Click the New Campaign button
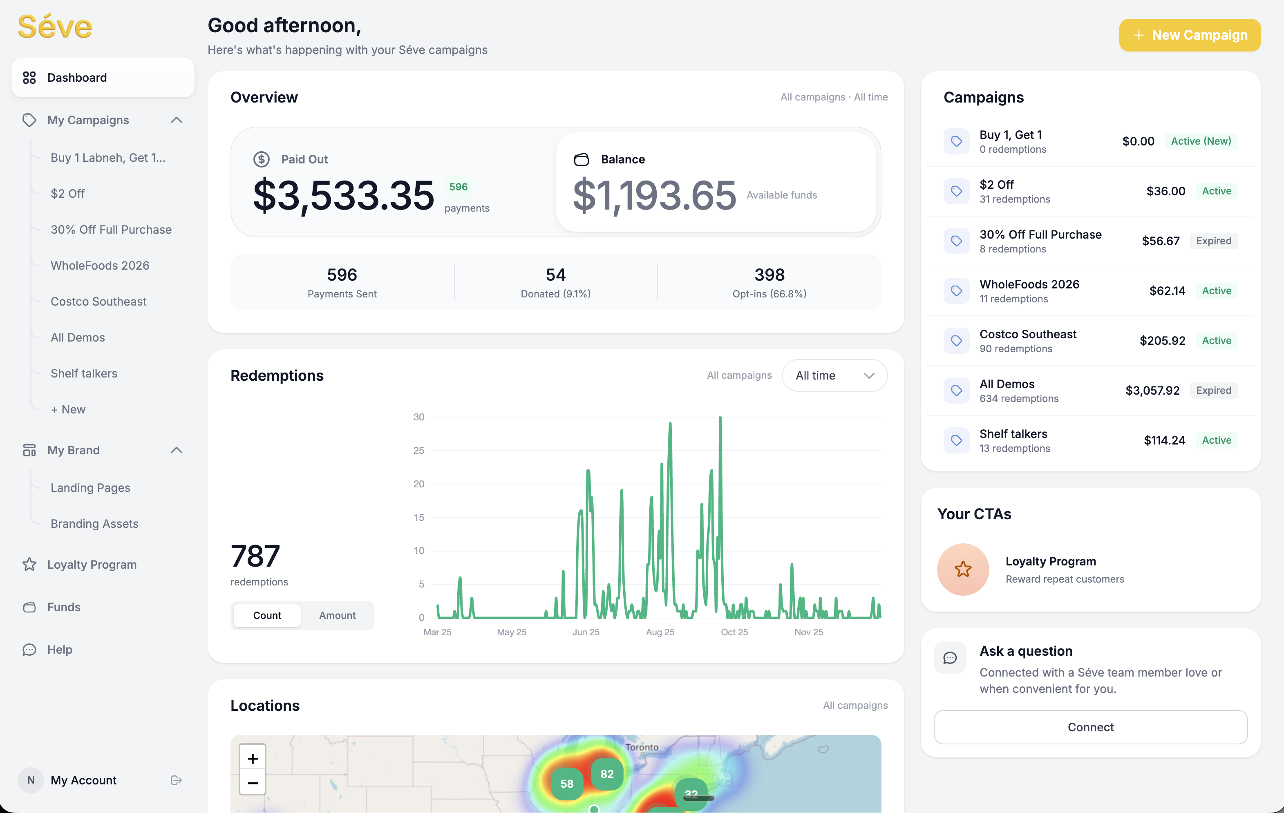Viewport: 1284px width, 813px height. (1190, 35)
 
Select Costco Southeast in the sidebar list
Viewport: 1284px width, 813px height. (98, 302)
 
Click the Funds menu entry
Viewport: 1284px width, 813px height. (63, 607)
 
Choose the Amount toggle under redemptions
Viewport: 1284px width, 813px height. (337, 615)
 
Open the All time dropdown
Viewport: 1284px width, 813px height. (834, 375)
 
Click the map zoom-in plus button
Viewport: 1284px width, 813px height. (253, 758)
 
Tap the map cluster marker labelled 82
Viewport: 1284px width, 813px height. (607, 774)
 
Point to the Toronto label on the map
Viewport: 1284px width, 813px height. (642, 747)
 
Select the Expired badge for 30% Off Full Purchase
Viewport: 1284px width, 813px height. (1213, 241)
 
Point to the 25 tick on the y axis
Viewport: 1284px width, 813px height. (419, 451)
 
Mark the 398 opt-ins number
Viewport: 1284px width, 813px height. (769, 275)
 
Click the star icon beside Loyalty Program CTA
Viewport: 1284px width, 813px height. (963, 570)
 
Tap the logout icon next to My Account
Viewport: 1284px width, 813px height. (177, 780)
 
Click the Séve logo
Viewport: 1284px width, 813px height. (55, 27)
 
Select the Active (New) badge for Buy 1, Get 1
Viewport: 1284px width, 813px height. (1201, 141)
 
